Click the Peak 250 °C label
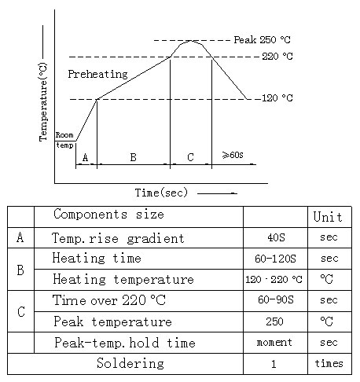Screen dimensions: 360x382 [x=262, y=40]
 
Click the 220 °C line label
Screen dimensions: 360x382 [x=277, y=57]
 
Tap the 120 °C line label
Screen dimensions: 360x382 [x=277, y=98]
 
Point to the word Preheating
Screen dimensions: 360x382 [x=97, y=74]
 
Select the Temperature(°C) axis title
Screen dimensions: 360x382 [x=43, y=102]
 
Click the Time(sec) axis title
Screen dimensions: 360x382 [x=161, y=193]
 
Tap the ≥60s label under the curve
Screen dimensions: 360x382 [x=233, y=155]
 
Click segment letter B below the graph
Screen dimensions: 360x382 [x=133, y=157]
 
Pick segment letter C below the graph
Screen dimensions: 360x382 [x=190, y=157]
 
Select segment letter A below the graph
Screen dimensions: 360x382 [x=85, y=157]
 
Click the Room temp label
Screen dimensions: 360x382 [x=64, y=140]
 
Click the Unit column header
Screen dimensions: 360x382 [x=328, y=217]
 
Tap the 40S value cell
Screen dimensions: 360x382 [x=276, y=237]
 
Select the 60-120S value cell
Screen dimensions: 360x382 [x=275, y=259]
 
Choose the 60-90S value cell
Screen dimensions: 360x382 [x=276, y=299]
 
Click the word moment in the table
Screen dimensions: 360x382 [x=274, y=342]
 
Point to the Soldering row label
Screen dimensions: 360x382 [x=130, y=363]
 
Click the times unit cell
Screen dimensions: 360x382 [x=329, y=363]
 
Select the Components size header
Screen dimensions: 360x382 [x=108, y=215]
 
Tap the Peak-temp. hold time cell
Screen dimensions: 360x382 [x=125, y=343]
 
